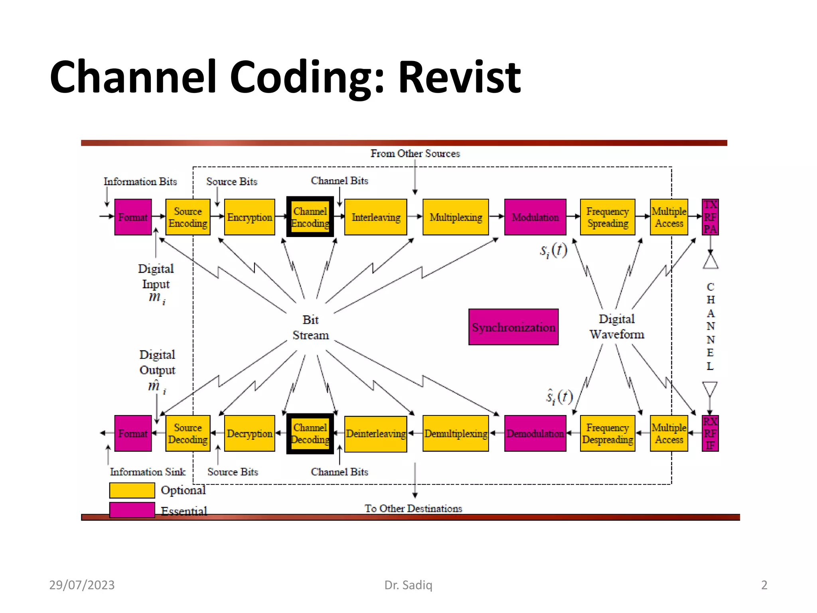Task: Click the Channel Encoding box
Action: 310,217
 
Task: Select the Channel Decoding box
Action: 310,433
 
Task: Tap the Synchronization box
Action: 513,327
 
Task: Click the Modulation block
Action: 535,217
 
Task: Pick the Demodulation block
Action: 535,433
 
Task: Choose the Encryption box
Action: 249,217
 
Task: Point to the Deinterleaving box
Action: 375,434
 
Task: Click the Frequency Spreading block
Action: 607,217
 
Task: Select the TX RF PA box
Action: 710,217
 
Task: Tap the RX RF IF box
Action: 710,433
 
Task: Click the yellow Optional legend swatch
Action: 132,490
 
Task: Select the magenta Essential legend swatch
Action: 132,510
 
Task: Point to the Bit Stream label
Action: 310,327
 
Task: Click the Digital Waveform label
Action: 617,326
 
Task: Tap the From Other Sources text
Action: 415,154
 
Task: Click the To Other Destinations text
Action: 413,508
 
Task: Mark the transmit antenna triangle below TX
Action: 710,262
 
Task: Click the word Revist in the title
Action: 459,77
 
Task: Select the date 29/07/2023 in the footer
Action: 82,585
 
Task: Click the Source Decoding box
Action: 187,433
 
